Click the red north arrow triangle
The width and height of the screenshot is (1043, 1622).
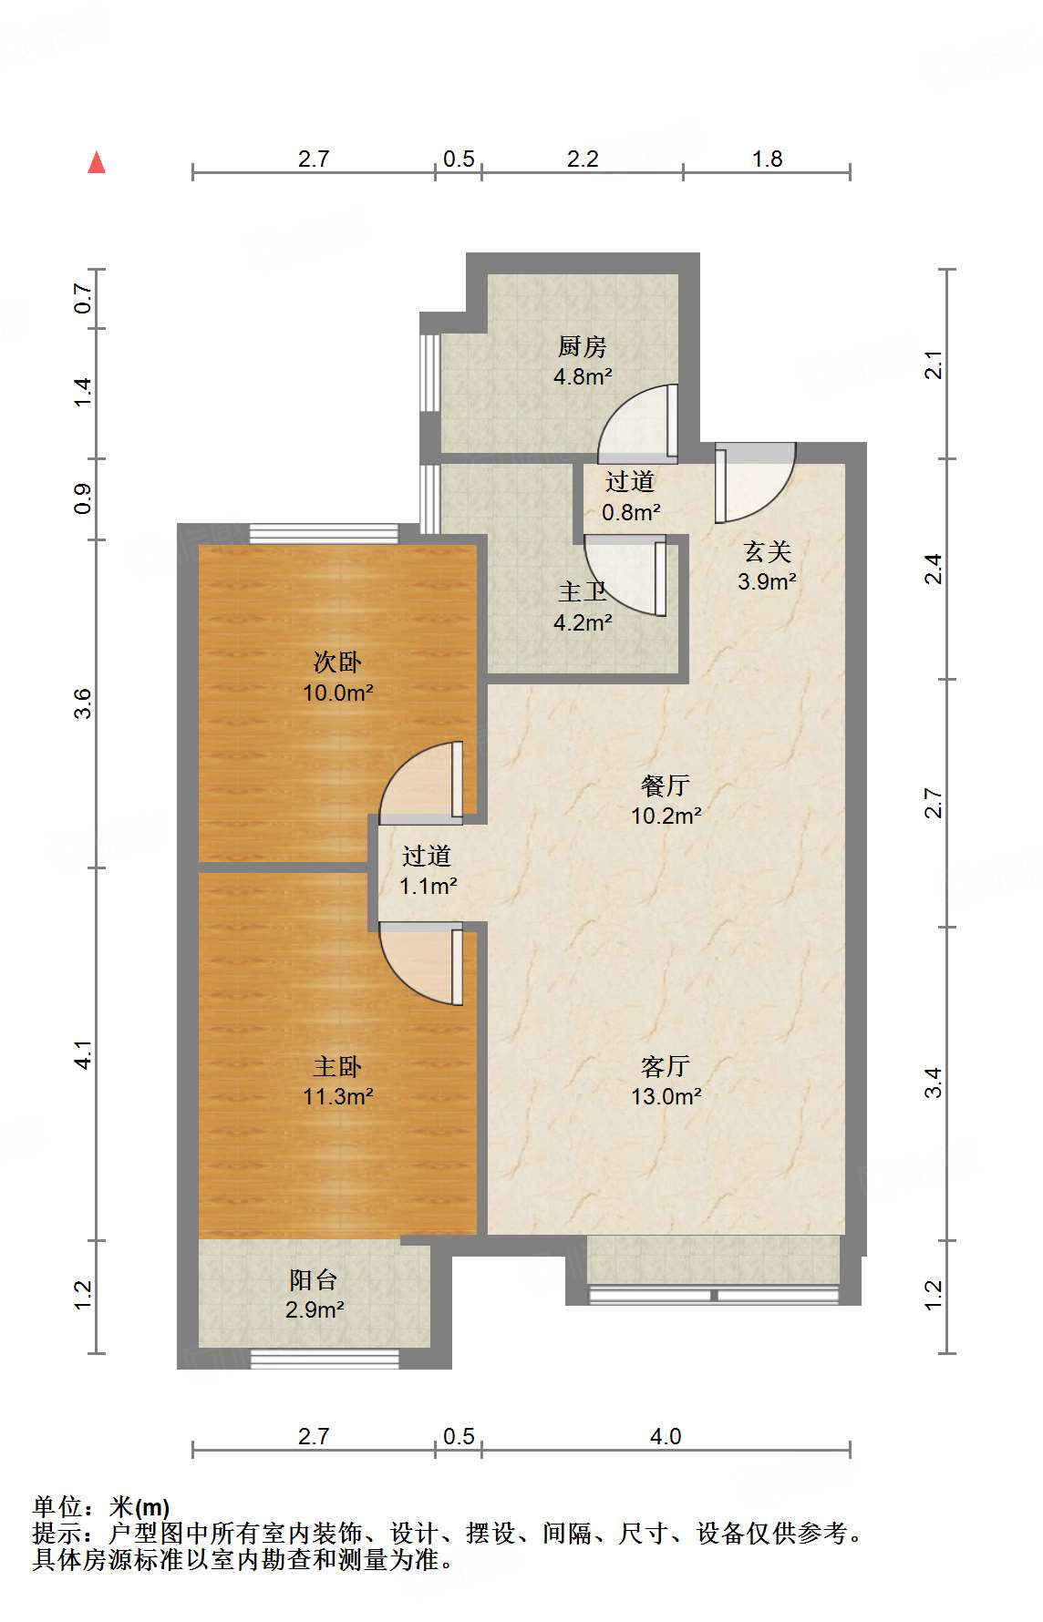97,163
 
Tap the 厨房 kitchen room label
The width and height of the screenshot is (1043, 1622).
583,346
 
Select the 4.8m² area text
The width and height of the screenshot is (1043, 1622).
583,376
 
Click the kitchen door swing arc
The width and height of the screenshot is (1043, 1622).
633,422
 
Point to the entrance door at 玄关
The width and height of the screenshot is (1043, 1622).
752,483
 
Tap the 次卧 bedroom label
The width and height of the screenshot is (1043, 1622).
337,662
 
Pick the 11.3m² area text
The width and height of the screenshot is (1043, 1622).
337,1096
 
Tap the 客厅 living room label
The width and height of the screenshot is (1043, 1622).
666,1065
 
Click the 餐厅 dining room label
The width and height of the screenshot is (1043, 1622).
666,785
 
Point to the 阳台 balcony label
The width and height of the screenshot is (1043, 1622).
314,1279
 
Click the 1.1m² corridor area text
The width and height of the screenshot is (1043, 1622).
428,886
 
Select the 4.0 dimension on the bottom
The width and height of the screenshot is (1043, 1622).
666,1436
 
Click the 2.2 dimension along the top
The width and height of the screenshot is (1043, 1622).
583,159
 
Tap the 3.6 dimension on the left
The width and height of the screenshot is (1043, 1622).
83,703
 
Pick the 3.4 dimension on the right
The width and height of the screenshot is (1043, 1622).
933,1083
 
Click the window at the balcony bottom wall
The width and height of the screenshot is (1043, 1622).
325,1359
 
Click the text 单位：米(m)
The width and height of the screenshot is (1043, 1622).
101,1507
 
